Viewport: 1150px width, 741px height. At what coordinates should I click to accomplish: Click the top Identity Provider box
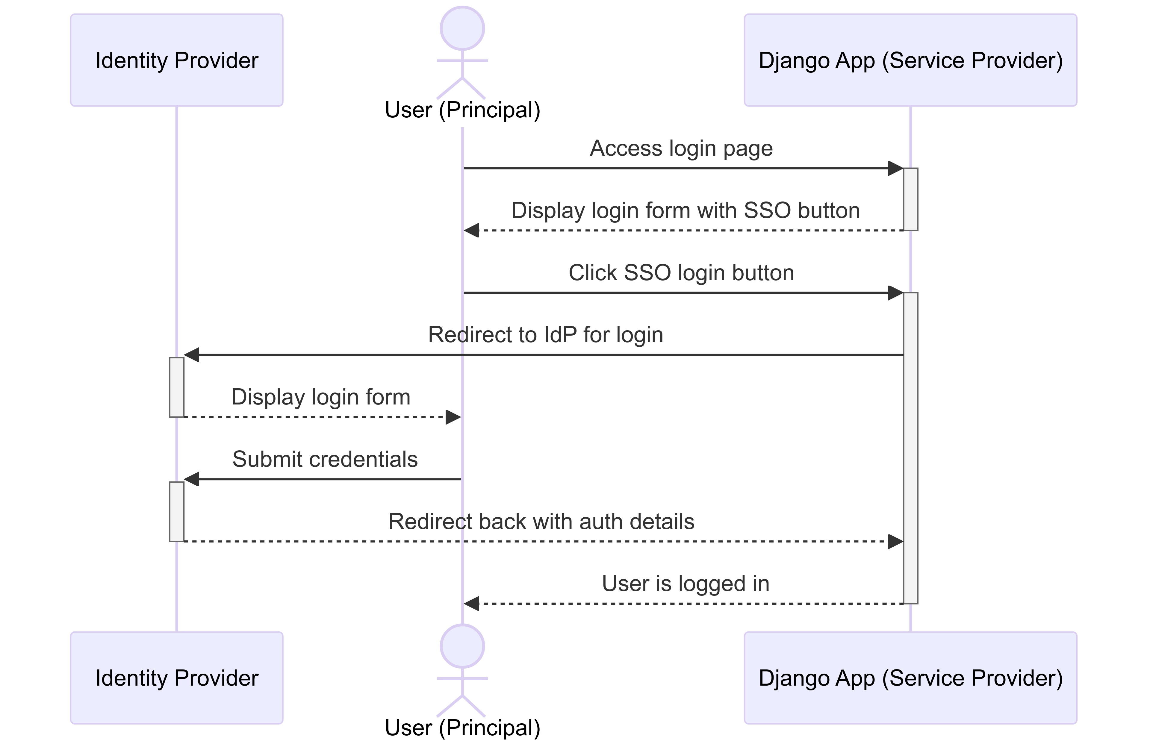click(x=177, y=60)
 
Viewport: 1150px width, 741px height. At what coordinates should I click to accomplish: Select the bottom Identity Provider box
click(x=177, y=678)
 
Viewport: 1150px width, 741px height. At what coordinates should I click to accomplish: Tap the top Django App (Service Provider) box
click(x=910, y=60)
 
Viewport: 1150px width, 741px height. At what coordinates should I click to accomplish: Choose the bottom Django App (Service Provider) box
click(x=910, y=678)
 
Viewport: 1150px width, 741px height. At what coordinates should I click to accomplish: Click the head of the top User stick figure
click(x=462, y=28)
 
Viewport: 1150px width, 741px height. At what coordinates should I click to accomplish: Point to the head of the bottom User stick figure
click(x=462, y=646)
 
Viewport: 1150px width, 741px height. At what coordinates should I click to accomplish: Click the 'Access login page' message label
click(x=681, y=148)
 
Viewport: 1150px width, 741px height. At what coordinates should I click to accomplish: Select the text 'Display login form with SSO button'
click(x=685, y=210)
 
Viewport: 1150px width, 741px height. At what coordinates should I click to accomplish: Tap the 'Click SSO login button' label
click(x=681, y=273)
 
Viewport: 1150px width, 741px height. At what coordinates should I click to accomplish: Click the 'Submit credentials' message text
click(x=325, y=459)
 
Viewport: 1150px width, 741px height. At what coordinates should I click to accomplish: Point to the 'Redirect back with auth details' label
click(x=541, y=522)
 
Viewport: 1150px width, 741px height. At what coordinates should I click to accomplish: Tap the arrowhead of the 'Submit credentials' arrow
click(x=191, y=479)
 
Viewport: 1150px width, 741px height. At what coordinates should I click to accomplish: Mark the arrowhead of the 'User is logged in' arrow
click(x=472, y=603)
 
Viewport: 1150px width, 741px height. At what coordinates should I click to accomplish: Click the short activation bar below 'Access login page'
click(x=910, y=199)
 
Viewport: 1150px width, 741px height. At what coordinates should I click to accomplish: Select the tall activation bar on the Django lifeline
click(x=910, y=448)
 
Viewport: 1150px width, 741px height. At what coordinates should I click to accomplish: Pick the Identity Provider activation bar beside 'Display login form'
click(x=177, y=387)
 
